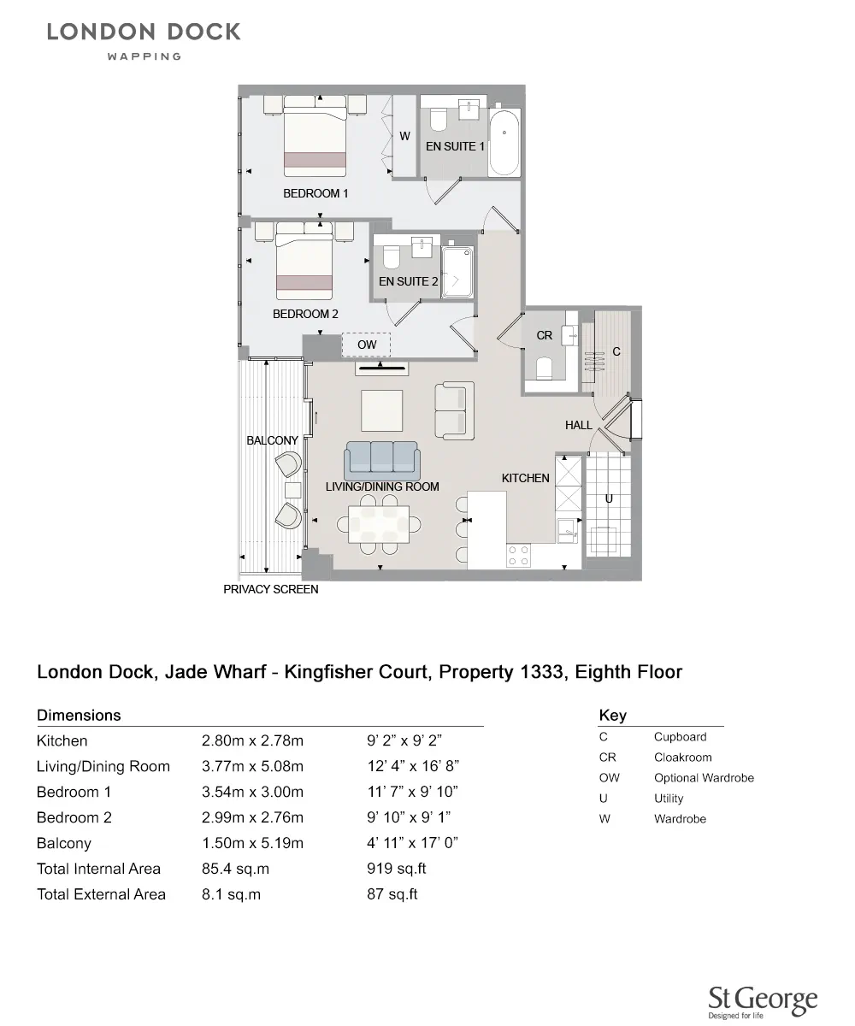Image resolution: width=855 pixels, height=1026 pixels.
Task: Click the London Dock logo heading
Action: (144, 32)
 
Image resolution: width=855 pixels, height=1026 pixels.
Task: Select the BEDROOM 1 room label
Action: (315, 193)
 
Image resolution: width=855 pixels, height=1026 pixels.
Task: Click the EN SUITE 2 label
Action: (408, 281)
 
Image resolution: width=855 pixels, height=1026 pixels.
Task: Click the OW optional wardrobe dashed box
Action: (366, 345)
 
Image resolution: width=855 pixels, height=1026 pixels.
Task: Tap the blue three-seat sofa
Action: (380, 460)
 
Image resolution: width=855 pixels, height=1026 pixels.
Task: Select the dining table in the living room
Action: (380, 522)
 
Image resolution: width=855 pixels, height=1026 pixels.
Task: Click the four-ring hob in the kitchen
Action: (519, 556)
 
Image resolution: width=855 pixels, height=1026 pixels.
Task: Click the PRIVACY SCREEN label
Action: (270, 589)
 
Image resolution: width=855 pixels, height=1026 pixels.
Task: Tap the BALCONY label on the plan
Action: (272, 440)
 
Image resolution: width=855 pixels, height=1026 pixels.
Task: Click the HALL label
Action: (578, 425)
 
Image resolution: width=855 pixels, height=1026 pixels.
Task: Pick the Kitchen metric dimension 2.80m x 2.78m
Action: (252, 740)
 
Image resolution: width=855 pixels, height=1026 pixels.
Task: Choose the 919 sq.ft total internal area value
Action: (396, 869)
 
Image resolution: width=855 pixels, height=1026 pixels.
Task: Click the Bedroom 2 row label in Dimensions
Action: (74, 817)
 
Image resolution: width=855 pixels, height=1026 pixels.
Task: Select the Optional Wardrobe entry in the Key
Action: (704, 778)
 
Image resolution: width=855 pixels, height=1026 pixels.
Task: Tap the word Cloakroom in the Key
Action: (682, 758)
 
